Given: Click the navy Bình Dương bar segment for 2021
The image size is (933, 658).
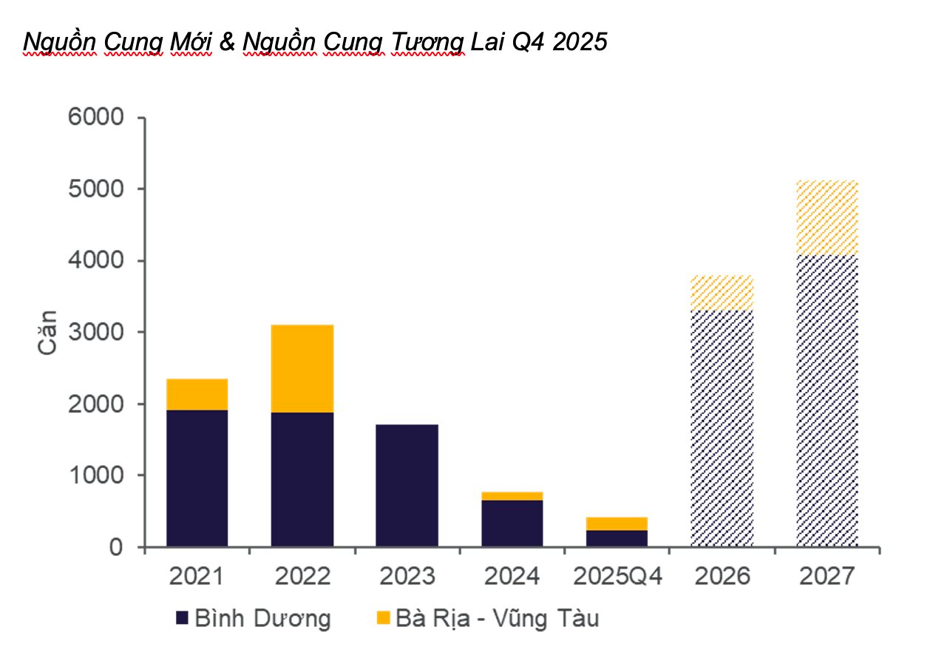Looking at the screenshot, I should (x=197, y=478).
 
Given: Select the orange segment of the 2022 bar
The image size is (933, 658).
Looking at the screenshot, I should (x=302, y=368).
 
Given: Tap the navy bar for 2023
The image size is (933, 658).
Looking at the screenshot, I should (x=407, y=486).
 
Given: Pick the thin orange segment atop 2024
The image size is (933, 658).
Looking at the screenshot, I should (x=512, y=496).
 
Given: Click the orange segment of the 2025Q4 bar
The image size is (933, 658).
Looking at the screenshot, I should (x=617, y=523).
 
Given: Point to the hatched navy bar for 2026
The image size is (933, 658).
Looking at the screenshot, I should (x=722, y=429).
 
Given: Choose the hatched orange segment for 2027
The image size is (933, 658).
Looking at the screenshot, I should (x=827, y=218).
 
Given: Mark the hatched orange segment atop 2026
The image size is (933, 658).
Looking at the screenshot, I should (x=722, y=293).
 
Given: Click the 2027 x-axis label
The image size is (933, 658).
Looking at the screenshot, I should (x=827, y=576).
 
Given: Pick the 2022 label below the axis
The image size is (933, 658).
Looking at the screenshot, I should (x=302, y=576).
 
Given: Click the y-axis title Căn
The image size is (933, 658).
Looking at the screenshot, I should (x=48, y=333).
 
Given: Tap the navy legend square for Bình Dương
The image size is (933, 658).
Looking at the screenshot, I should (x=183, y=617).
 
